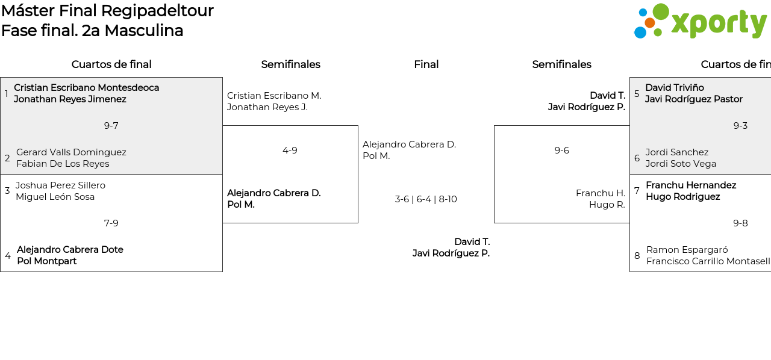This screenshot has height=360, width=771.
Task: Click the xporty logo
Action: tap(700, 22)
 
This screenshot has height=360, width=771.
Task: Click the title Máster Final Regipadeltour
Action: tap(107, 11)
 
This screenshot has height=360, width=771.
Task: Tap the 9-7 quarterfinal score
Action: tap(111, 126)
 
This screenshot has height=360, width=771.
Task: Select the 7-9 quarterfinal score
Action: tap(111, 223)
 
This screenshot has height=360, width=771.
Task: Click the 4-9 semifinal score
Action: tap(290, 151)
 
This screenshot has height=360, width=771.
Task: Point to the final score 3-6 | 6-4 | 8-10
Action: tap(426, 199)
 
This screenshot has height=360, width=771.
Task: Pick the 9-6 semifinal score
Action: tap(561, 151)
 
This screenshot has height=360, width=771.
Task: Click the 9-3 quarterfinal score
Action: tap(740, 126)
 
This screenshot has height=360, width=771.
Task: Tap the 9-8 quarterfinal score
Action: tap(740, 223)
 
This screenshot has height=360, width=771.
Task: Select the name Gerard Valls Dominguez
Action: tap(71, 152)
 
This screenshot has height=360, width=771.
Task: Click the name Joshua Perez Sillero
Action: tap(60, 185)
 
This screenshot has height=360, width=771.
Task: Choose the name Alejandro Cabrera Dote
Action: tap(70, 250)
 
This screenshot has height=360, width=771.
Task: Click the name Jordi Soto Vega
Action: tap(681, 164)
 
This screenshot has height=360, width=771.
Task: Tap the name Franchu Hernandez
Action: tap(691, 185)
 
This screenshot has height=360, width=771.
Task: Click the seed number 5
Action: tap(637, 94)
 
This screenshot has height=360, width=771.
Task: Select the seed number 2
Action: tap(7, 158)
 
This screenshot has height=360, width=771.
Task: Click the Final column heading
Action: tap(426, 64)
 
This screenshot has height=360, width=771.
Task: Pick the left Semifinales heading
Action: tap(290, 64)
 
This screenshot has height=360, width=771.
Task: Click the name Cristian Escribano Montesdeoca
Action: tap(86, 88)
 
